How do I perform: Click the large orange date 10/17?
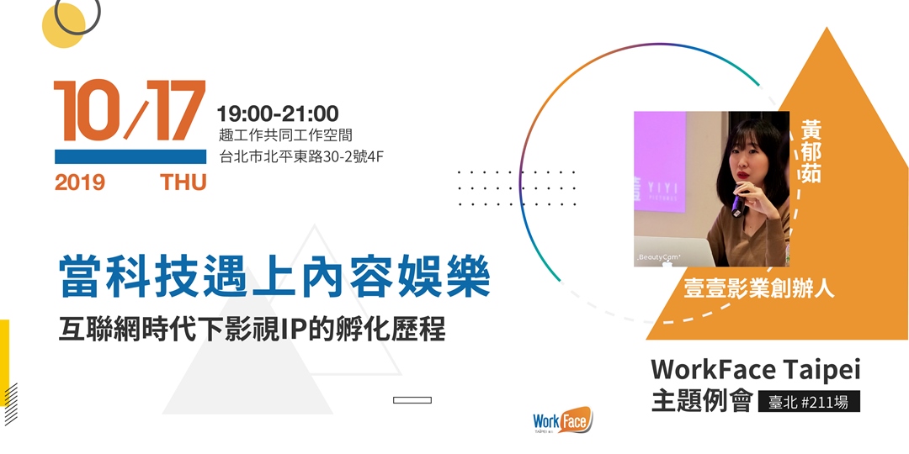(x=130, y=111)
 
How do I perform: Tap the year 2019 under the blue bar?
(x=80, y=182)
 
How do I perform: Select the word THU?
(x=183, y=182)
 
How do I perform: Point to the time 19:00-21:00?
(x=278, y=113)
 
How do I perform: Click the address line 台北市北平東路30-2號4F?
(x=303, y=156)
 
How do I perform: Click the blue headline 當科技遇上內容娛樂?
(x=275, y=278)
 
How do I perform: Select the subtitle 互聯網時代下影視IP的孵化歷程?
(x=252, y=330)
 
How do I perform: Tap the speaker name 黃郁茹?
(x=811, y=151)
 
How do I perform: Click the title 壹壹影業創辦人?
(x=759, y=288)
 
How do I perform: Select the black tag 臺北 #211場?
(x=809, y=402)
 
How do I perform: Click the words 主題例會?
(x=701, y=402)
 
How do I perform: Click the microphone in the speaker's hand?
(x=737, y=202)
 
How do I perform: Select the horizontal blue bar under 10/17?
(x=130, y=157)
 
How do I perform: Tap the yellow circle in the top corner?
(x=64, y=25)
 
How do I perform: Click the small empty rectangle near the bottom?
(x=412, y=399)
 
